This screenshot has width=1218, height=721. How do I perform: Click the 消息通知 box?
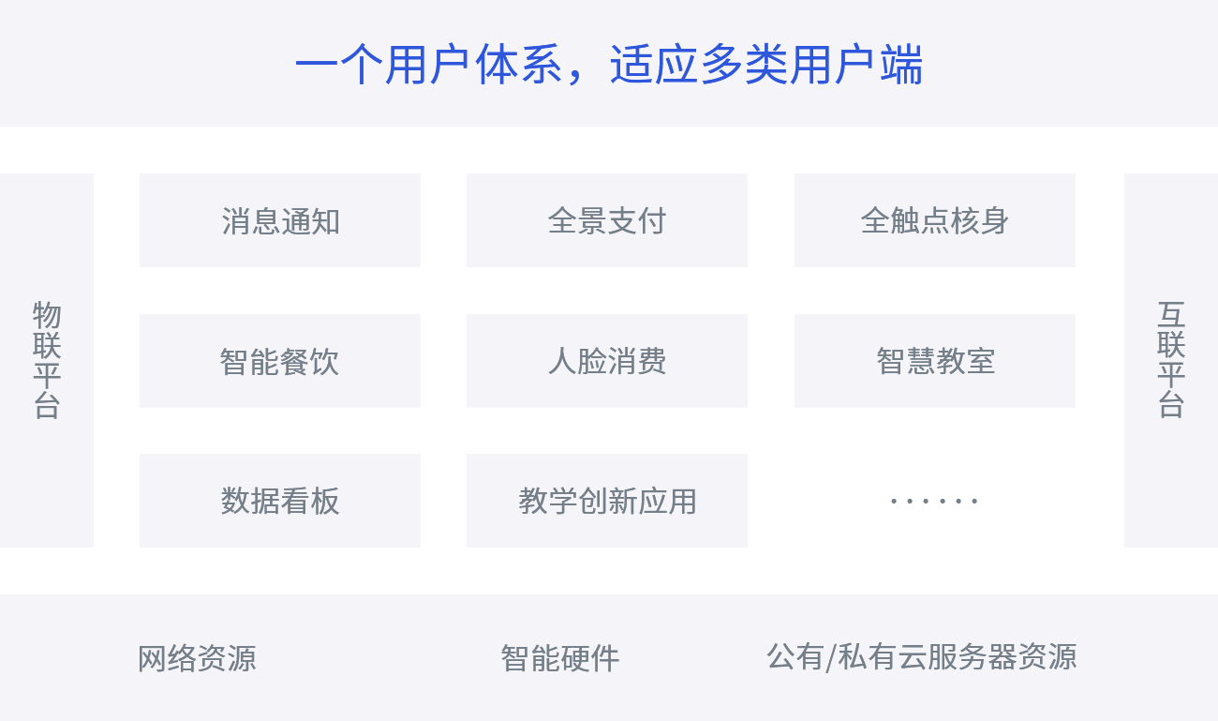280,220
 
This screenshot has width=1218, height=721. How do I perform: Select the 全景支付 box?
607,220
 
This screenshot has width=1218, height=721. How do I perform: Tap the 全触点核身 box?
935,220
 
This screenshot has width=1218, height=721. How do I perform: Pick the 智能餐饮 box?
280,361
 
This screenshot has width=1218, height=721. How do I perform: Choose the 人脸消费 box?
607,361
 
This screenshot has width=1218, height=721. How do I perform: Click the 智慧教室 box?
935,361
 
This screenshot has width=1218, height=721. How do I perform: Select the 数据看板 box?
280,501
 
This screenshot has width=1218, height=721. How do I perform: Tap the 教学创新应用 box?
607,501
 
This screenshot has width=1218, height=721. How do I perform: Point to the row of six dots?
933,501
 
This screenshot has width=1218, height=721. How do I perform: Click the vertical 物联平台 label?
47,360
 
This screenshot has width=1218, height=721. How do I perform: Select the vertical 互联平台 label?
1171,360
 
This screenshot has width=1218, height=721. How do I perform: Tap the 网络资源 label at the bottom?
197,658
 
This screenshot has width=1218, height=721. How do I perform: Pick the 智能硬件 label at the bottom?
560,658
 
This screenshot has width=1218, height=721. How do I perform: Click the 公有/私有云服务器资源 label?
922,656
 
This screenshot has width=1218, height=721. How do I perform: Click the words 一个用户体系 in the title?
429,67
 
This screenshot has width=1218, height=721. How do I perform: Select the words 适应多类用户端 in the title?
766,67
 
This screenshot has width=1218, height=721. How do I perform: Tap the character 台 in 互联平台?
1171,403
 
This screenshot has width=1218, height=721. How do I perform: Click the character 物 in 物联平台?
47,315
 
